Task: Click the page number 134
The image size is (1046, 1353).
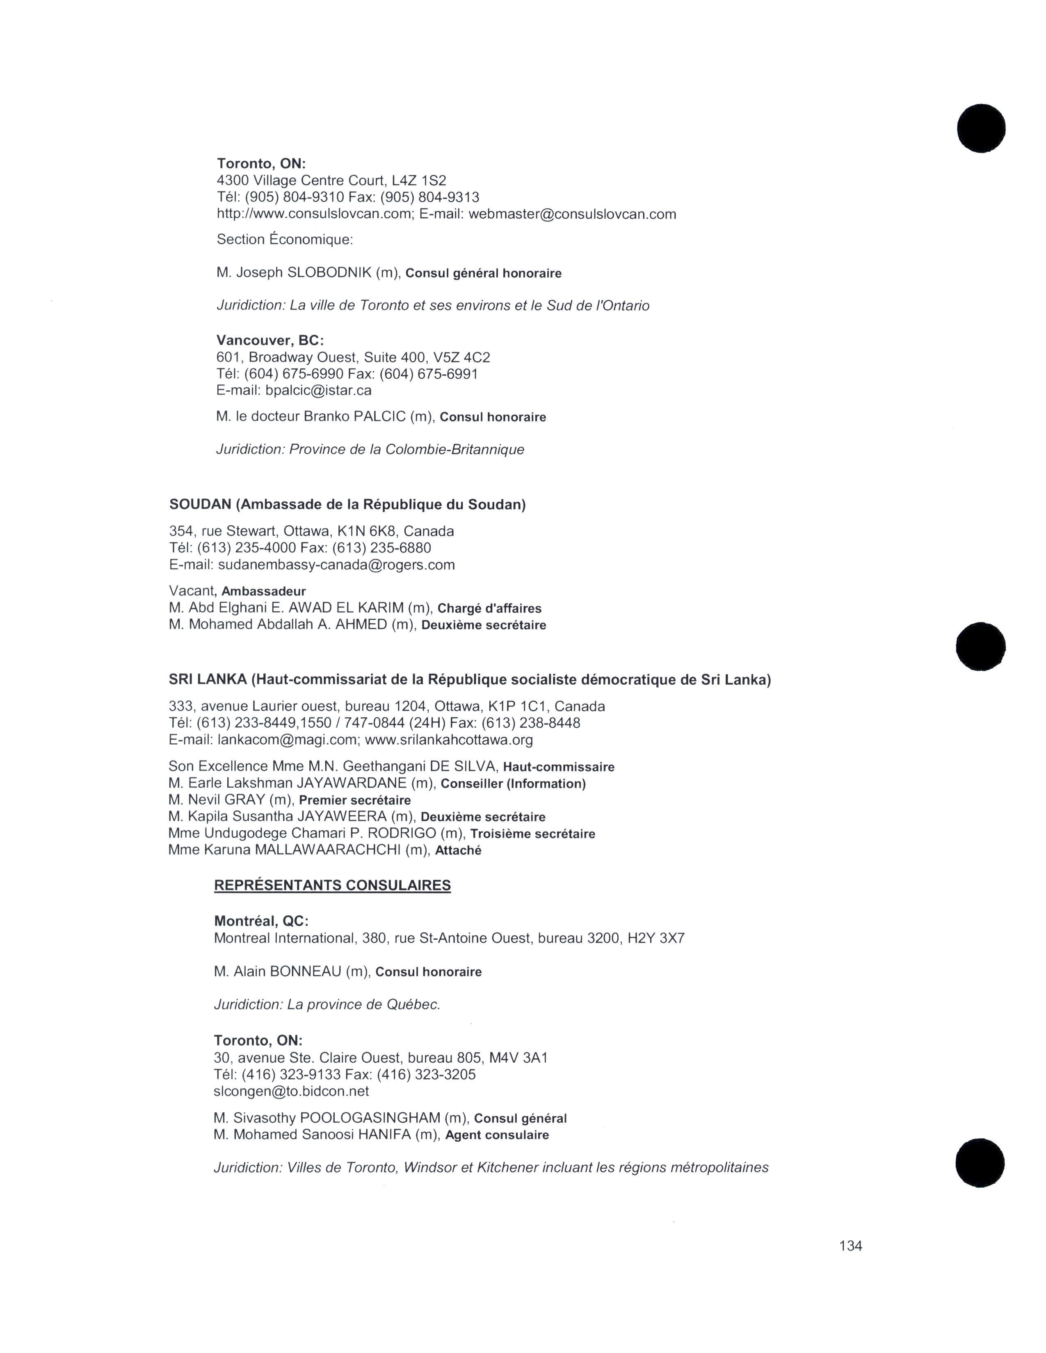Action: coord(850,1246)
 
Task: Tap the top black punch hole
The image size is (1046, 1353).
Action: coord(981,129)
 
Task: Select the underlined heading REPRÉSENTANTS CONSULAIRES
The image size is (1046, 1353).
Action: coord(332,885)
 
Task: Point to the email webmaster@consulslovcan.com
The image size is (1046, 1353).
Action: coord(572,214)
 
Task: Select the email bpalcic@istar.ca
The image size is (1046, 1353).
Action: coord(318,390)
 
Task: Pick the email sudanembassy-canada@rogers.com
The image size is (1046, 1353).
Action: coord(336,565)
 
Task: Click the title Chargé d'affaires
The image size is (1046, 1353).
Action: coord(489,608)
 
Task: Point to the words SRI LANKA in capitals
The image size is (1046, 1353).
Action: coord(208,680)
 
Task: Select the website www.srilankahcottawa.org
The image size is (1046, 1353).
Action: coord(449,740)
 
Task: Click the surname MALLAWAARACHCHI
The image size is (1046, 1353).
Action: coord(328,850)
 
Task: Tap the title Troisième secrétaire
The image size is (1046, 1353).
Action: coord(533,834)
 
